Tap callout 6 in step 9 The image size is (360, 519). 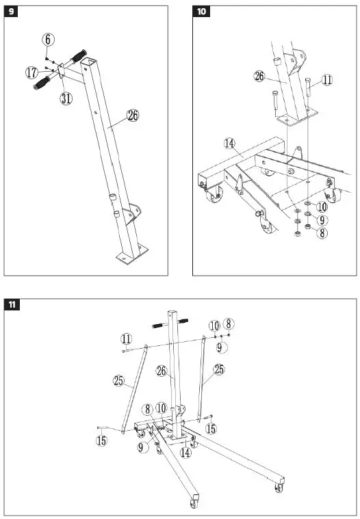pyautogui.click(x=47, y=40)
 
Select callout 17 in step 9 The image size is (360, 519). pyautogui.click(x=32, y=71)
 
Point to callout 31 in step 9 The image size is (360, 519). pyautogui.click(x=65, y=98)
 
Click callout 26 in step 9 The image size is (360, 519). pyautogui.click(x=133, y=116)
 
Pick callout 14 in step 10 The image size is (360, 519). pyautogui.click(x=229, y=144)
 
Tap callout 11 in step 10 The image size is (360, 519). pyautogui.click(x=327, y=80)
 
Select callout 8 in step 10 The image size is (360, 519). pyautogui.click(x=322, y=233)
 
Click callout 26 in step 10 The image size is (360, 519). pyautogui.click(x=260, y=77)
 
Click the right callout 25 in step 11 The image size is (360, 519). pyautogui.click(x=219, y=370)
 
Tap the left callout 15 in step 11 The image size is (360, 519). pyautogui.click(x=101, y=440)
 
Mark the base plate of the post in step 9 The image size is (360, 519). pyautogui.click(x=130, y=256)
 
